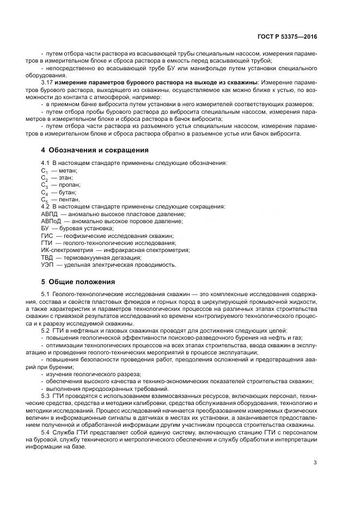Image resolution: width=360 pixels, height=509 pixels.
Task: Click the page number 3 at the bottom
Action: [x=315, y=463]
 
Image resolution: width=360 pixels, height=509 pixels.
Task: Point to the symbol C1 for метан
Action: [x=45, y=171]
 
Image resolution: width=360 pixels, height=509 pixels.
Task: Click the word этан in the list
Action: [x=65, y=178]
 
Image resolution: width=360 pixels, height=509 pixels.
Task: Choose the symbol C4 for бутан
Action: [x=45, y=193]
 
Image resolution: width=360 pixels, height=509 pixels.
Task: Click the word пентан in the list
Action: [x=69, y=200]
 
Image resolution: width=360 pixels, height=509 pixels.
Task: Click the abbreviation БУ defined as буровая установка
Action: [x=45, y=229]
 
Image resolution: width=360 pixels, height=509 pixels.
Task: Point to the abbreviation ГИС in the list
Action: [x=47, y=236]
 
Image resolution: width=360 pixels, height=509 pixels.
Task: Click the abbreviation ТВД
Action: [x=47, y=257]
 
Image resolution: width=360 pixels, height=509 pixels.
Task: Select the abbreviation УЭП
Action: [x=48, y=265]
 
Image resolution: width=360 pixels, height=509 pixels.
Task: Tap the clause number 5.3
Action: [x=46, y=396]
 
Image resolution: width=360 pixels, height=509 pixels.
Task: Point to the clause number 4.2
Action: [x=46, y=207]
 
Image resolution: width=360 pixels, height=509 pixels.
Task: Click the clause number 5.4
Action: [x=46, y=432]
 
